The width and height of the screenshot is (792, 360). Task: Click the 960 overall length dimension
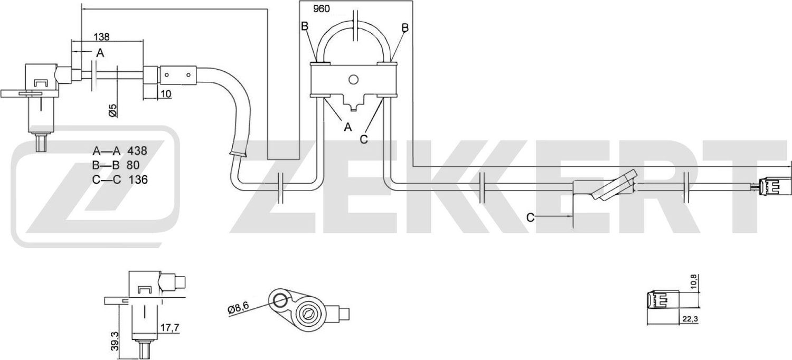[x=322, y=9]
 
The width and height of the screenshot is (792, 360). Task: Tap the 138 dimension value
[x=101, y=37]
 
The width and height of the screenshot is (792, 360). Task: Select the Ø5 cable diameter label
[x=112, y=110]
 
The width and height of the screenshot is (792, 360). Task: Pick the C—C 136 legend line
[x=119, y=180]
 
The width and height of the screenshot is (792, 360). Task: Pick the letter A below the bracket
[x=347, y=127]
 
